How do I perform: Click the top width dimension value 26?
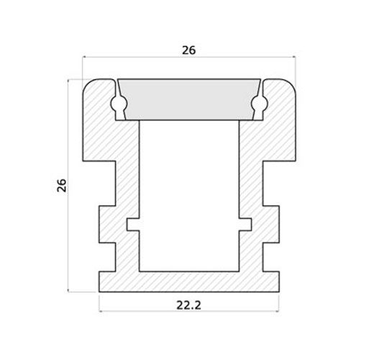pos(189,50)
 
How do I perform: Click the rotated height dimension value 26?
pos(62,185)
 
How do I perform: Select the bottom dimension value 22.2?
pos(188,305)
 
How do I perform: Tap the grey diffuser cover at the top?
pos(189,99)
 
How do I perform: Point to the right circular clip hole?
pos(259,104)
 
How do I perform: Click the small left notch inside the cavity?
pos(133,225)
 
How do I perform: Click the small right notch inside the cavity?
pos(245,225)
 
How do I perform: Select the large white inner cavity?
pos(189,196)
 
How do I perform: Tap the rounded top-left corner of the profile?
pos(88,84)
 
